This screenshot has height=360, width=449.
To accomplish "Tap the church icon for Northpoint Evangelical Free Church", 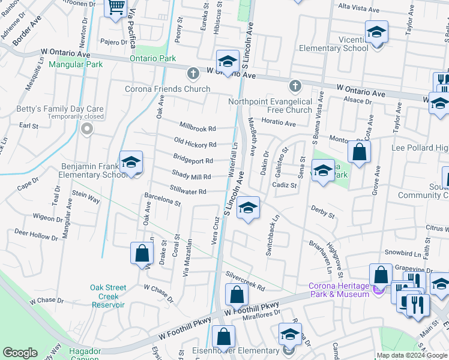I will (x=294, y=86).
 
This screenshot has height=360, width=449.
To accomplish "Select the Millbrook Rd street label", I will (x=197, y=127).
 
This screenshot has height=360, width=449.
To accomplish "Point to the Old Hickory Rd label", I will (x=195, y=144).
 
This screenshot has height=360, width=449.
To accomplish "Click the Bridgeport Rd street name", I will (x=193, y=161).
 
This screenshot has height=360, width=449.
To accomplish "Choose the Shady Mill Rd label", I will (x=191, y=176).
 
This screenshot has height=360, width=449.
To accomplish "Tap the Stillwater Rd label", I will (x=188, y=192).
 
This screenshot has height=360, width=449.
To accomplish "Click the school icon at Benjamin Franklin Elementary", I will (x=131, y=162).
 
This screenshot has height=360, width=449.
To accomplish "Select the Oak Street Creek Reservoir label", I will (x=108, y=296).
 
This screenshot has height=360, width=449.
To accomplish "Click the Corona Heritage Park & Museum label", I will (x=339, y=290).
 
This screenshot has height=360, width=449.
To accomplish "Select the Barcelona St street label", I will (x=163, y=199).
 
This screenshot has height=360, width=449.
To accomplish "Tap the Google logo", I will (x=20, y=353).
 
